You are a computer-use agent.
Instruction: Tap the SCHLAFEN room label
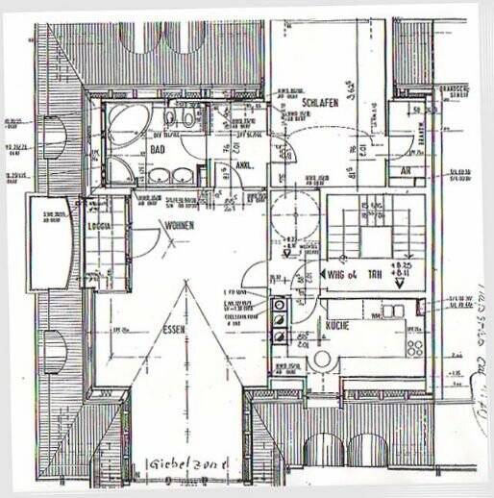pyautogui.click(x=318, y=102)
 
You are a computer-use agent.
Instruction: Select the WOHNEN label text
pyautogui.click(x=179, y=226)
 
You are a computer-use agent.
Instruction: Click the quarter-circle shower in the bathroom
pyautogui.click(x=121, y=173)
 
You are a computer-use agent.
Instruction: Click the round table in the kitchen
pyautogui.click(x=322, y=359)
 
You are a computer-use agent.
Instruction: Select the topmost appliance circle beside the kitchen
pyautogui.click(x=279, y=305)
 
